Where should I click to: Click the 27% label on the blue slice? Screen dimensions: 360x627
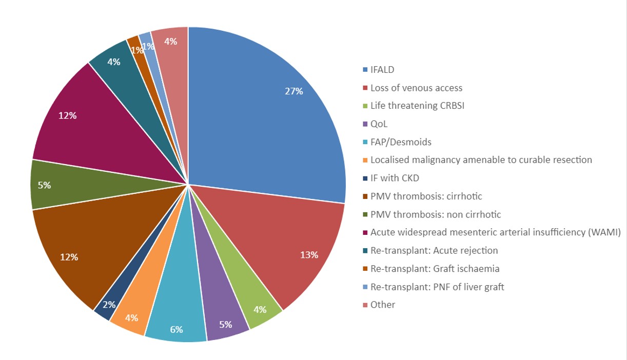[294, 91]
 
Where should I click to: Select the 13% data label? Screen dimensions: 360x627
[309, 255]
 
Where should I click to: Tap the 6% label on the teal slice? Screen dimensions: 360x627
[177, 330]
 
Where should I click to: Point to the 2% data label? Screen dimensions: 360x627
[109, 305]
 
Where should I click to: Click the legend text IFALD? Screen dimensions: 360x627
[382, 70]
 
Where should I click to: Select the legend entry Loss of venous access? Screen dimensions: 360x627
[416, 88]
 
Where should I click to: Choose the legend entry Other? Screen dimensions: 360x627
[383, 305]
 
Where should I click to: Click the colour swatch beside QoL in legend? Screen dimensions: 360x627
[365, 124]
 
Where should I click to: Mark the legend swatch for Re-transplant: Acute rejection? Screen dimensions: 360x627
[365, 251]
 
